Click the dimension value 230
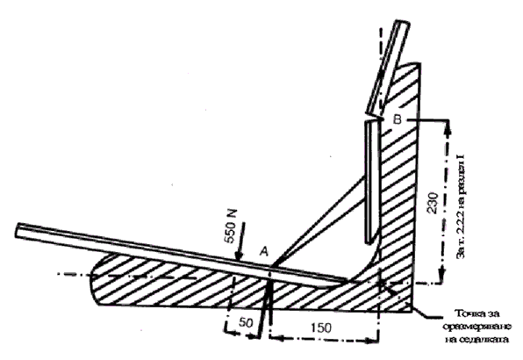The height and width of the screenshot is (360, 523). coord(433,203)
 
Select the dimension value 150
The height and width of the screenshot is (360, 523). coord(320,328)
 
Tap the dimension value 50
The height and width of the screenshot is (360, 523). coord(246,322)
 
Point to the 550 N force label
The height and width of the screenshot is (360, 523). coord(231,227)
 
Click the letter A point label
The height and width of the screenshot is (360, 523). coord(264,252)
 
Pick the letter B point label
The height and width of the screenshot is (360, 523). coord(398,119)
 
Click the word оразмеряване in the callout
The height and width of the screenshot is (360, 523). coord(477,327)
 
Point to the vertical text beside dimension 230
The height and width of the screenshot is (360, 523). coord(461,205)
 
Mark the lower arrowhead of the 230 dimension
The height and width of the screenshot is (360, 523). coord(442,276)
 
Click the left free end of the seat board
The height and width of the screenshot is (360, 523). coord(17,230)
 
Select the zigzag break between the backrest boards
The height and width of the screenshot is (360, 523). coord(374,118)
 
